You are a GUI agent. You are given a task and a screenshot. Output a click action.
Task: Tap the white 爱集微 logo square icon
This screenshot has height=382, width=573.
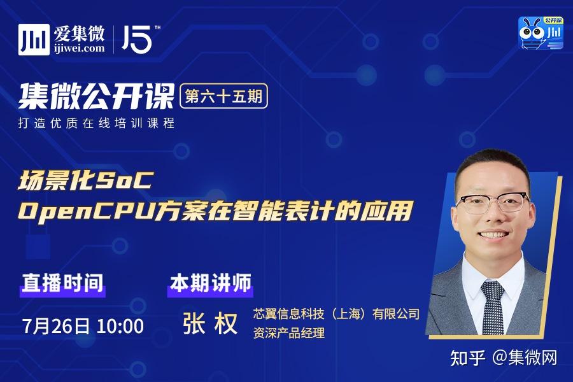click(34, 39)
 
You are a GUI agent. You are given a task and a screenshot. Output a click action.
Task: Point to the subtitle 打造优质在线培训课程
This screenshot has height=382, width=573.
click(96, 123)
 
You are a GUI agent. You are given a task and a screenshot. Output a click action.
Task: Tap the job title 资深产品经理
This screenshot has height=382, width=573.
click(289, 332)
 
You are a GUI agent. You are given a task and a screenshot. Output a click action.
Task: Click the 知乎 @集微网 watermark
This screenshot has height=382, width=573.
click(504, 358)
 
